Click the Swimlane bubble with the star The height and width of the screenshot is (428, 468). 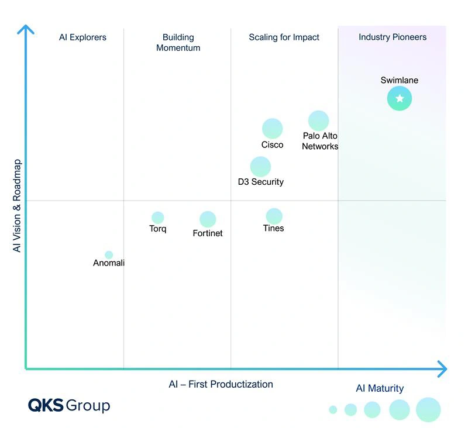[400, 98]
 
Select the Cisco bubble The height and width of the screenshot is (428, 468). [272, 129]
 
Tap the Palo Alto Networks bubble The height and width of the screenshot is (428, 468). [319, 121]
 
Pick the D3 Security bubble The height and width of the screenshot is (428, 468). [260, 167]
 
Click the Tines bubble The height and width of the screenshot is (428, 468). [274, 216]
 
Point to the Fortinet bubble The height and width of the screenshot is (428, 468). [208, 219]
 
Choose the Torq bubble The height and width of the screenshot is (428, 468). [157, 218]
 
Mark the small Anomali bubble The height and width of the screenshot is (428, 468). [109, 255]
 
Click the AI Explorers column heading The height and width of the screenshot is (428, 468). [82, 37]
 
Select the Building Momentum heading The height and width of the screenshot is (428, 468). [178, 43]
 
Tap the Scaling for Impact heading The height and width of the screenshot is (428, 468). [284, 37]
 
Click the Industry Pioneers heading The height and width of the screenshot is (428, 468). [393, 37]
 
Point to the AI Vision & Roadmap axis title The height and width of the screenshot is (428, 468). [17, 205]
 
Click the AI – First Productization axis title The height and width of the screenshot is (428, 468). [221, 384]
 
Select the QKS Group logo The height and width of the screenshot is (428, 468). [69, 405]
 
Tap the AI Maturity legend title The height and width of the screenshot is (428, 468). [380, 388]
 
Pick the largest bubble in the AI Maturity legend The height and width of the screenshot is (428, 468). [428, 409]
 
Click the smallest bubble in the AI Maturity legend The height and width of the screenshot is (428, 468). [333, 410]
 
